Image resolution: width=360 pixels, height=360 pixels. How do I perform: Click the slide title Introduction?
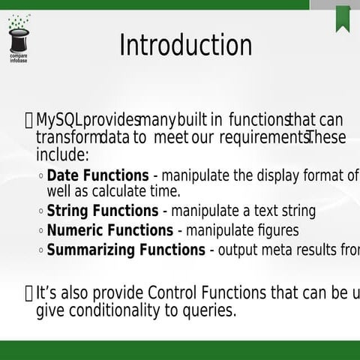point(185,45)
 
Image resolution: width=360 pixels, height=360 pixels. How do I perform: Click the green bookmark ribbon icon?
point(343,16)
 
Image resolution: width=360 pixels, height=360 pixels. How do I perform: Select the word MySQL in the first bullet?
point(59,120)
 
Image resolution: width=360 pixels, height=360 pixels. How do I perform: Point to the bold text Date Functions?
point(97,176)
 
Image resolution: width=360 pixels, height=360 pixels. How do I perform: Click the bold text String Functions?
point(102,211)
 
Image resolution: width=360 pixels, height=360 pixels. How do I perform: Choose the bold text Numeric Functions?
point(109,230)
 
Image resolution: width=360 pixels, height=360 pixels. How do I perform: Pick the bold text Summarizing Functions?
point(125,250)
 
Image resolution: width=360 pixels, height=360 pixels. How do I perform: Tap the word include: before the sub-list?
point(62,155)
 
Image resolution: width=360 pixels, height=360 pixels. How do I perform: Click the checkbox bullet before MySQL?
point(28,120)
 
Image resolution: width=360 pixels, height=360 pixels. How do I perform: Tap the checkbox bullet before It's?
point(28,292)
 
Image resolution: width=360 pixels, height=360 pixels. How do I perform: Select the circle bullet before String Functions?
point(40,212)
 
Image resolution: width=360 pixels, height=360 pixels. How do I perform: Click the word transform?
point(67,138)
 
